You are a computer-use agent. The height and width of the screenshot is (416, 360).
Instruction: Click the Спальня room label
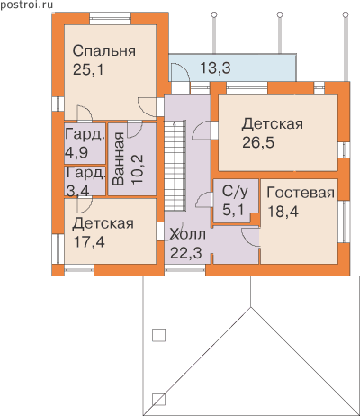click(x=103, y=51)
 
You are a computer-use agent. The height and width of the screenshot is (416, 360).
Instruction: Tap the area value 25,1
click(x=88, y=70)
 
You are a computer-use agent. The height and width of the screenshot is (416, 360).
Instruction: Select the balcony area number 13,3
click(x=215, y=68)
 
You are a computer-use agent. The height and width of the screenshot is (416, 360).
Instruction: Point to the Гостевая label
click(x=301, y=193)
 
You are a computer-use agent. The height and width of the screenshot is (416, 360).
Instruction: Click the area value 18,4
click(x=283, y=212)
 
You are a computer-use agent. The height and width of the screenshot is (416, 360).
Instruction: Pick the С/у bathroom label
click(x=235, y=191)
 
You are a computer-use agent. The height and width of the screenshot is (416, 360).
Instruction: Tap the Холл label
click(x=188, y=234)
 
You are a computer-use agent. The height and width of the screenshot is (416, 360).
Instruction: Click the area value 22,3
click(x=186, y=253)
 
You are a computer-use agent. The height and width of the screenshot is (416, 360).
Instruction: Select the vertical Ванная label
click(x=119, y=158)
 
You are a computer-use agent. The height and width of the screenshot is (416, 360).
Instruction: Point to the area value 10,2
click(x=138, y=169)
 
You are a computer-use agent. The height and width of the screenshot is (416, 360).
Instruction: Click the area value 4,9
click(x=76, y=152)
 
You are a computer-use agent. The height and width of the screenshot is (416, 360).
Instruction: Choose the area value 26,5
click(x=258, y=143)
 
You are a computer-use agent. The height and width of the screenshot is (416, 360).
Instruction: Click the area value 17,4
click(x=89, y=242)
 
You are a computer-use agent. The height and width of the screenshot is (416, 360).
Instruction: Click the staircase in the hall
click(x=175, y=166)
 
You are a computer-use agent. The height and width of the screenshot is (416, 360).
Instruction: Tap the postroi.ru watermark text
click(x=26, y=5)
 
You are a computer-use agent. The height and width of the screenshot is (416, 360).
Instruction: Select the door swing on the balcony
click(x=179, y=72)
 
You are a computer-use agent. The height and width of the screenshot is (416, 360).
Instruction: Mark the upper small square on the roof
click(x=158, y=335)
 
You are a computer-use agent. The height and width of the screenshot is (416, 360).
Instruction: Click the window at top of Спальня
click(x=111, y=18)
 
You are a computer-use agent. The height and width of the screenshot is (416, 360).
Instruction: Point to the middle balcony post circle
click(x=280, y=14)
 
